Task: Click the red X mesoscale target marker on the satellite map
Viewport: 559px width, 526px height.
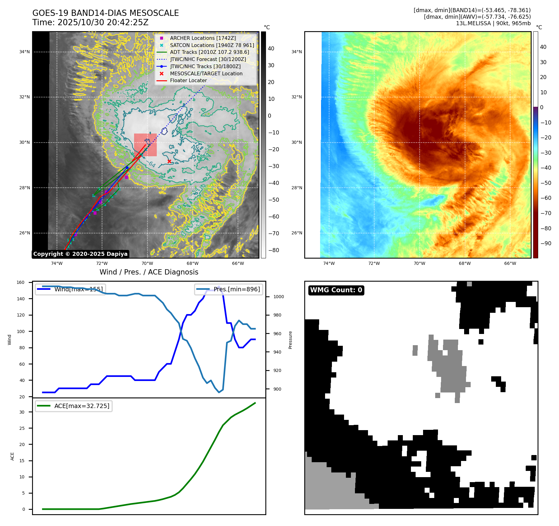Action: tap(169, 161)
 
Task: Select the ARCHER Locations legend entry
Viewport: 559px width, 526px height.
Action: tap(203, 38)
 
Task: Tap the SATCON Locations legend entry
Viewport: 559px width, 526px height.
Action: tap(212, 45)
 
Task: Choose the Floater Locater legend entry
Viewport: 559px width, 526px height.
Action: tap(188, 80)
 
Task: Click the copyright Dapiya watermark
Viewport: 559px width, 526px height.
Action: tap(80, 254)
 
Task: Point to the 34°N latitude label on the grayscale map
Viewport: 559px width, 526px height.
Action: tap(24, 52)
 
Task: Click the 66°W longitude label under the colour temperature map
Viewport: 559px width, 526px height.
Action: tap(510, 263)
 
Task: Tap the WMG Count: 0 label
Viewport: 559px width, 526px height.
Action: tap(336, 290)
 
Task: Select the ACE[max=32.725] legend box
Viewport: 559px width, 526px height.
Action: tap(74, 406)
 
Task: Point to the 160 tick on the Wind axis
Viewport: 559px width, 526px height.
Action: tap(21, 283)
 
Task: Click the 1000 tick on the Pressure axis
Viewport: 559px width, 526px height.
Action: tap(278, 297)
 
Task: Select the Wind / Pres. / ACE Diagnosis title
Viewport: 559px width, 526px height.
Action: tap(149, 272)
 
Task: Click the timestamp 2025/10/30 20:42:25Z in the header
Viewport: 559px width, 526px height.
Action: tap(103, 22)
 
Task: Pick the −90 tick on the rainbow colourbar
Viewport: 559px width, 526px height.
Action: tap(546, 243)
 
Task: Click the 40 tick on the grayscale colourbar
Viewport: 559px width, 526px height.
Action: tap(271, 49)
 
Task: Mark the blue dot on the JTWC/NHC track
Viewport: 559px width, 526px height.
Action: tap(127, 167)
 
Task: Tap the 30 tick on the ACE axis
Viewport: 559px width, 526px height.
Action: tap(22, 412)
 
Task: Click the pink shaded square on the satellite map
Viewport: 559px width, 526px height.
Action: tap(145, 145)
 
